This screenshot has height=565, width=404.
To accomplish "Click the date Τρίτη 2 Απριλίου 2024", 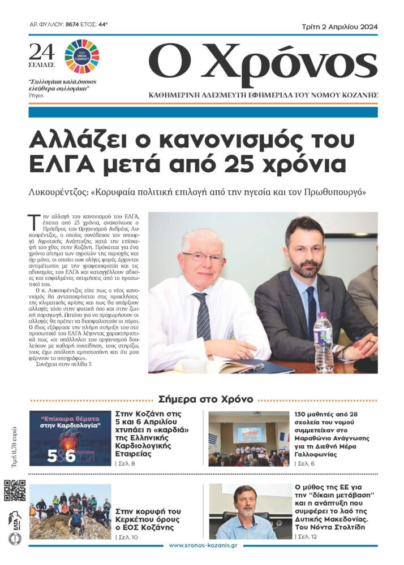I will click(x=339, y=27).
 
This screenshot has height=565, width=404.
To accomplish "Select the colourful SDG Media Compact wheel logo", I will click(x=81, y=56).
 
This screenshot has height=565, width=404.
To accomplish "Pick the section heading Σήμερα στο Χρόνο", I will click(x=205, y=399).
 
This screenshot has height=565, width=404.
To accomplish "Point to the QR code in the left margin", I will click(x=15, y=490).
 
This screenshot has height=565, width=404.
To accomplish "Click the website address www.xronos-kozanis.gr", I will click(x=203, y=546).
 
